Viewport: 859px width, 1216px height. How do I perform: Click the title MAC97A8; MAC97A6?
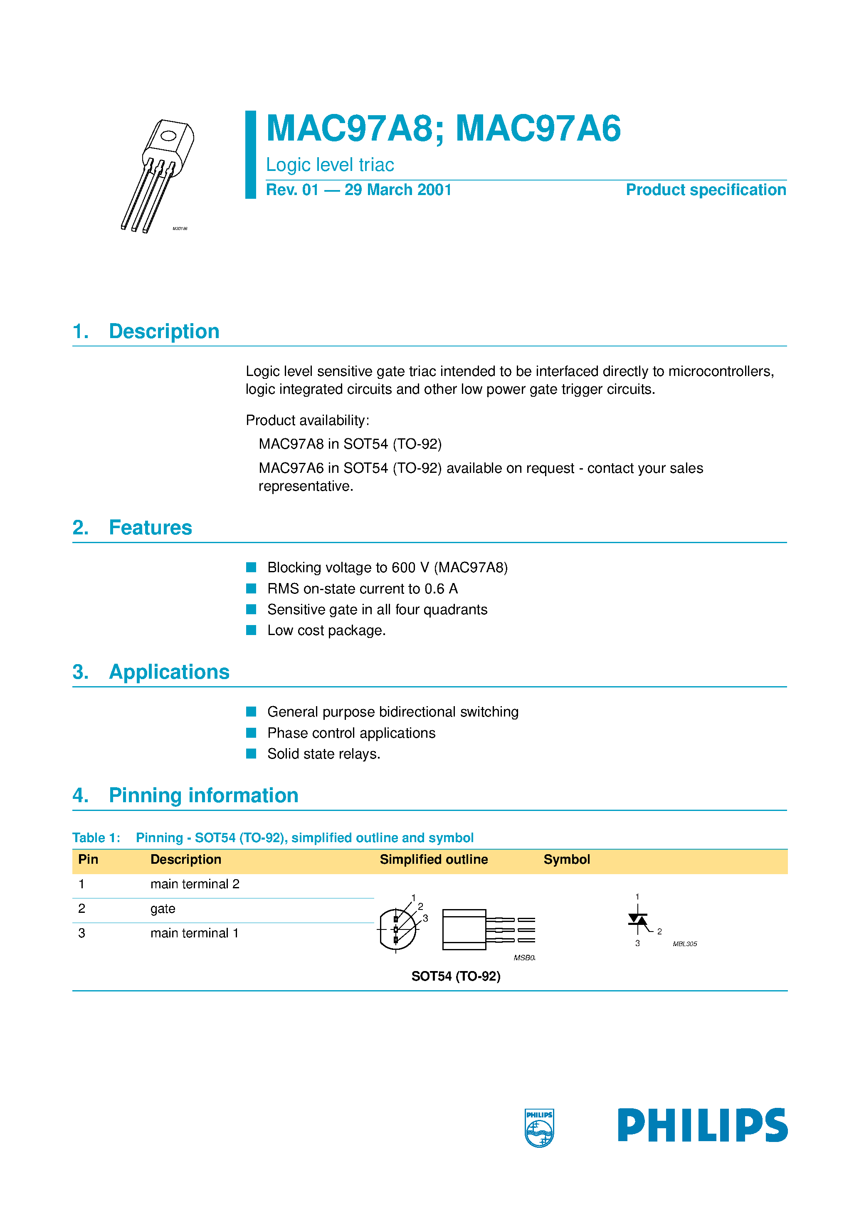tap(443, 129)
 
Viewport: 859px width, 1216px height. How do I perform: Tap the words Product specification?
tap(706, 190)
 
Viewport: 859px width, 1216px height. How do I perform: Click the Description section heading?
tap(164, 331)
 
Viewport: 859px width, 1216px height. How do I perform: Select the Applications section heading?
tap(168, 672)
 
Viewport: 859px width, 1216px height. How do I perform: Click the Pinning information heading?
tap(203, 796)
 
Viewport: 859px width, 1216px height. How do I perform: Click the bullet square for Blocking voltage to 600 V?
tap(251, 567)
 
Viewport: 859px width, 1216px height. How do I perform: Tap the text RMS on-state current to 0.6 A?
tap(362, 588)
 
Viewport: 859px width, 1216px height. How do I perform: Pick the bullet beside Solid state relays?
tap(251, 753)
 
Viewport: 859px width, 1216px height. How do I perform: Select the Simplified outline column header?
tap(433, 859)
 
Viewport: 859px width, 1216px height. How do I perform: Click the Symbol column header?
tap(566, 859)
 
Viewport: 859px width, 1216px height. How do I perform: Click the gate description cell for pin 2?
tap(163, 909)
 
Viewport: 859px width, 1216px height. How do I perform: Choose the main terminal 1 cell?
tap(194, 933)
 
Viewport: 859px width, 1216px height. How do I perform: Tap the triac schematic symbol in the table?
tap(638, 921)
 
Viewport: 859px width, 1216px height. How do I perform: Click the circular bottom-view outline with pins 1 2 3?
tap(397, 929)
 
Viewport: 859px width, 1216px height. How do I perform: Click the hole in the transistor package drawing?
tap(168, 136)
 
